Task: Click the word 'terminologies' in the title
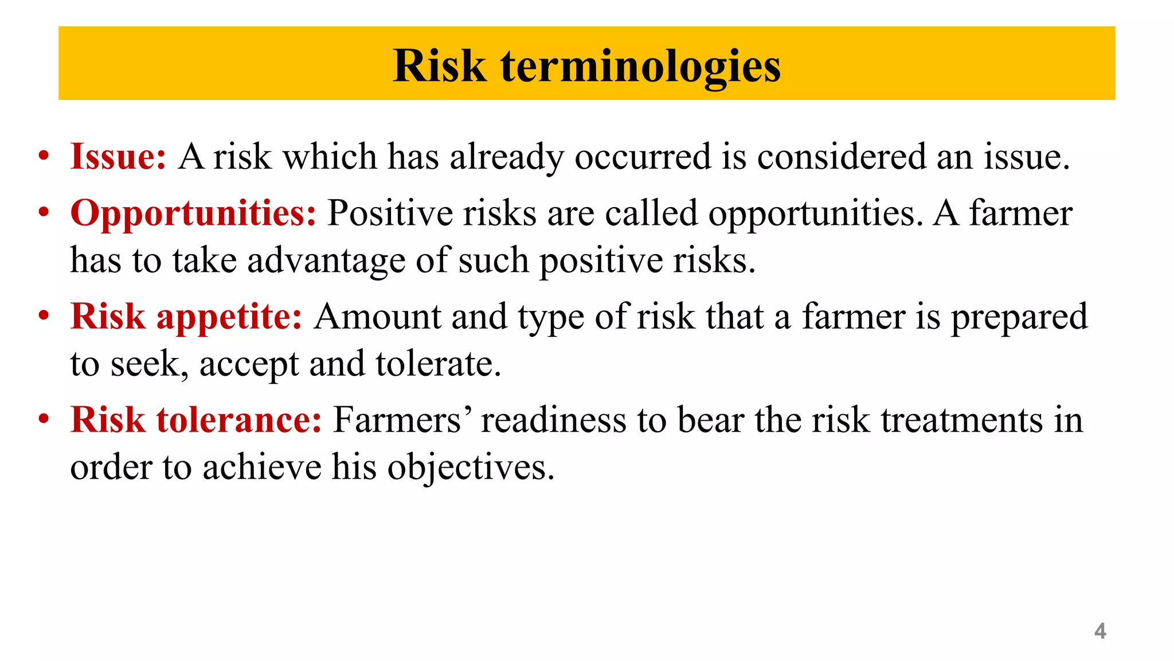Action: click(640, 67)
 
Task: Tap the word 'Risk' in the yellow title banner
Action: click(440, 67)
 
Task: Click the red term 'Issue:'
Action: click(118, 156)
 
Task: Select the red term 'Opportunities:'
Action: click(193, 213)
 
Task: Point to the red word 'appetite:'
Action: click(229, 317)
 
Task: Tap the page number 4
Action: click(1099, 631)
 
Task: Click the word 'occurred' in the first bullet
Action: click(643, 156)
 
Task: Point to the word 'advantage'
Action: click(326, 260)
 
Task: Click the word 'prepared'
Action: click(1019, 317)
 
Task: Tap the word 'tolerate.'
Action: click(439, 364)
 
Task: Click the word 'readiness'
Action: click(553, 420)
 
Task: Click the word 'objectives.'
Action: click(471, 467)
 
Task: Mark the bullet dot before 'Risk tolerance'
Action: click(44, 419)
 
